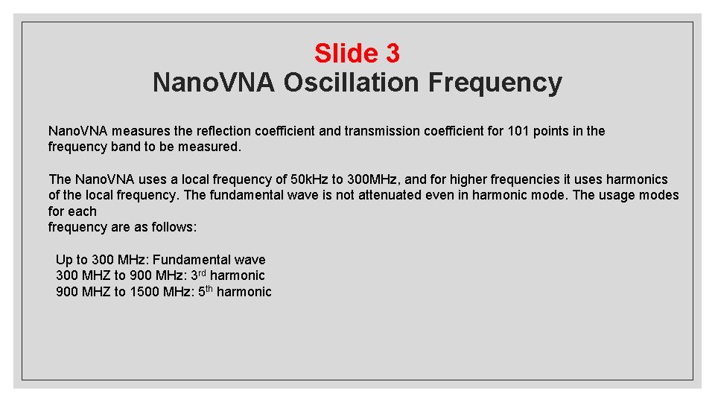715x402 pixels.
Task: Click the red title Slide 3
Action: (x=357, y=53)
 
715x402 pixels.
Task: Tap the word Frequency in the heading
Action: (x=495, y=82)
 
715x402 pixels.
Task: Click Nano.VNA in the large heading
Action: (x=213, y=82)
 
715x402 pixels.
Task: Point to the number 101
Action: (x=518, y=131)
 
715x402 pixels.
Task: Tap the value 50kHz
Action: (x=309, y=179)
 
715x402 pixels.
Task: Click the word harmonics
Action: (x=637, y=179)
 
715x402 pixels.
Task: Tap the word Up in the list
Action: (x=64, y=260)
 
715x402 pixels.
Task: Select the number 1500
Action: (x=144, y=292)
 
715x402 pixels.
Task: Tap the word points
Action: (x=551, y=131)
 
